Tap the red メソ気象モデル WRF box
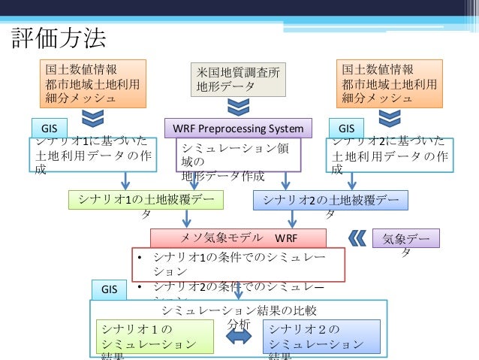(x=238, y=238)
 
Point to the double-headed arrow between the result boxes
(x=239, y=337)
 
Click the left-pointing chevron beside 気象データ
(x=358, y=238)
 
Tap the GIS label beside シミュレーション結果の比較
(x=110, y=289)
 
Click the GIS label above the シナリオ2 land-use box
(x=346, y=127)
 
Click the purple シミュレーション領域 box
(x=238, y=156)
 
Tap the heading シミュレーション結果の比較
(x=239, y=309)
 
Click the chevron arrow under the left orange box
(x=92, y=118)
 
